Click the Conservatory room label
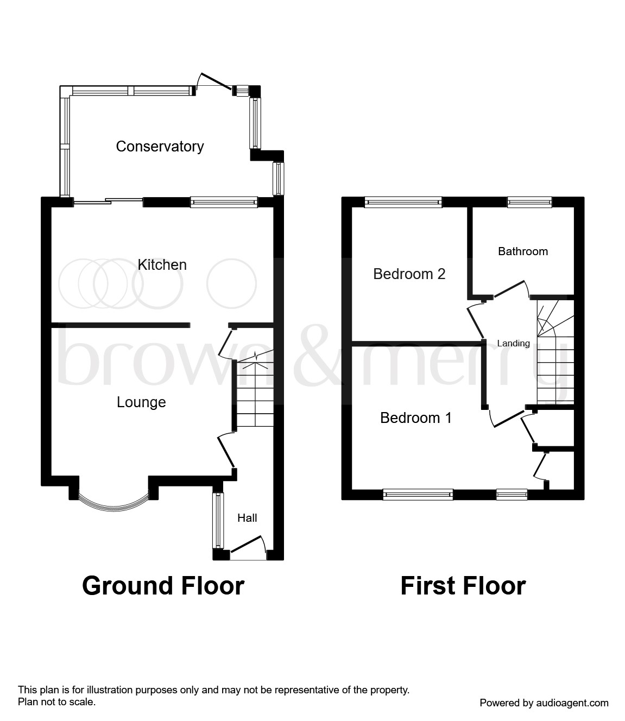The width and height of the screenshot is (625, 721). pyautogui.click(x=160, y=147)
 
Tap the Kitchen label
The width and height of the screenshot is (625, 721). pyautogui.click(x=162, y=265)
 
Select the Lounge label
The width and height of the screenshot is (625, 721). pyautogui.click(x=141, y=402)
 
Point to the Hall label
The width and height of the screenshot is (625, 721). pyautogui.click(x=247, y=518)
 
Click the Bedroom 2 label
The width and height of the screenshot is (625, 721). pyautogui.click(x=409, y=274)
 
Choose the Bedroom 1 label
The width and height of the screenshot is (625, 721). pyautogui.click(x=415, y=418)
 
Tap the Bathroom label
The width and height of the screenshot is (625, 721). pyautogui.click(x=523, y=251)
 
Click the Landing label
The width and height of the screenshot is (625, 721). pyautogui.click(x=513, y=343)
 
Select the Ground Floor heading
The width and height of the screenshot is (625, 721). pyautogui.click(x=163, y=586)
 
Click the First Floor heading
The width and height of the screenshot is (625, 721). pyautogui.click(x=463, y=586)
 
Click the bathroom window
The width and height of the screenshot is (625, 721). pyautogui.click(x=529, y=202)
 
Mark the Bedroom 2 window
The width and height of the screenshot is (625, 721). pyautogui.click(x=403, y=202)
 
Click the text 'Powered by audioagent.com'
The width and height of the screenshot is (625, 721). pyautogui.click(x=544, y=703)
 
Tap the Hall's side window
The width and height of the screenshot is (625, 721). pyautogui.click(x=218, y=520)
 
